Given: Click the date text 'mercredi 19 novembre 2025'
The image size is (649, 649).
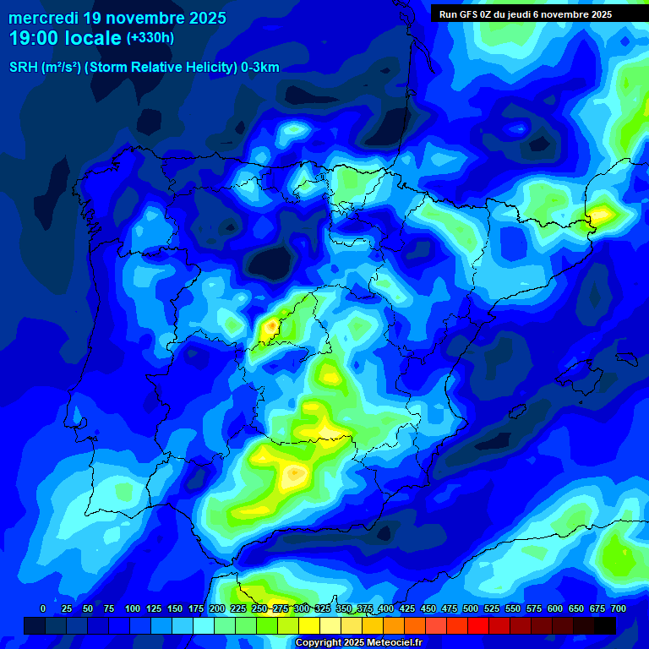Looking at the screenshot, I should [x=117, y=18].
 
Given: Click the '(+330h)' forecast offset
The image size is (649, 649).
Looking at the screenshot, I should [x=150, y=38].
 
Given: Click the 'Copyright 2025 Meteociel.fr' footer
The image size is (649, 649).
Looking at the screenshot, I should [x=357, y=642].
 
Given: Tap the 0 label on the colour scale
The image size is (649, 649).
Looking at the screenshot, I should [x=43, y=608].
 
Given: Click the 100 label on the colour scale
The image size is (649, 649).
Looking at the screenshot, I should [x=133, y=608].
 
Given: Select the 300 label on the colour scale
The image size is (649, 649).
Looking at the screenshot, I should [x=302, y=608].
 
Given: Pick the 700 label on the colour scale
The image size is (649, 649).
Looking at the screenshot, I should [x=618, y=608].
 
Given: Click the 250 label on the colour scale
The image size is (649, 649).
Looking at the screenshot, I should [x=259, y=608].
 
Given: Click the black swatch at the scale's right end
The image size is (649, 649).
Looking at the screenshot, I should [x=605, y=625].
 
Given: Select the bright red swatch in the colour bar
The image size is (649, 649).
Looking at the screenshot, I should [x=478, y=625].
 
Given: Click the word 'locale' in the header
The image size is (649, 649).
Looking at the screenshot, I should [x=95, y=38].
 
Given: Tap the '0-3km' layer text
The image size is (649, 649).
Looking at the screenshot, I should [x=260, y=68].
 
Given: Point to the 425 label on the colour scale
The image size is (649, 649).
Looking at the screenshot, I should [x=407, y=608].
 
